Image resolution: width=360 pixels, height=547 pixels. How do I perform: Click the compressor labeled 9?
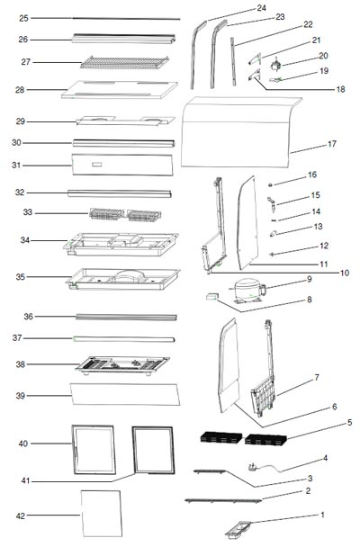pyautogui.click(x=247, y=290)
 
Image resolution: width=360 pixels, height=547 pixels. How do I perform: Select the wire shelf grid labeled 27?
pyautogui.click(x=125, y=62)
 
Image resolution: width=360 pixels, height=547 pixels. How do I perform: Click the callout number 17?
pyautogui.click(x=332, y=144)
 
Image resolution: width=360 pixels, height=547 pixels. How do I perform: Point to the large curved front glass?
pyautogui.click(x=241, y=132)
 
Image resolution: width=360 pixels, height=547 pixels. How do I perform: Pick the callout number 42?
pyautogui.click(x=21, y=516)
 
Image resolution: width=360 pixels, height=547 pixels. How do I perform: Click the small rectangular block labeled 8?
pyautogui.click(x=211, y=296)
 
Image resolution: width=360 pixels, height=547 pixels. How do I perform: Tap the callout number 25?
pyautogui.click(x=23, y=18)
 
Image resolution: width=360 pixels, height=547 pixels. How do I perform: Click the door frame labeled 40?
pyautogui.click(x=94, y=450)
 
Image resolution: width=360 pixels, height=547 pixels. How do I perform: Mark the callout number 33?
pyautogui.click(x=28, y=212)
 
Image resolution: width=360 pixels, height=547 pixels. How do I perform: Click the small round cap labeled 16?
pyautogui.click(x=270, y=184)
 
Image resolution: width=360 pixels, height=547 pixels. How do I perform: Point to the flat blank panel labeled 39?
pyautogui.click(x=125, y=395)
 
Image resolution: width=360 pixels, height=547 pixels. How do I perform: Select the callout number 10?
pyautogui.click(x=345, y=273)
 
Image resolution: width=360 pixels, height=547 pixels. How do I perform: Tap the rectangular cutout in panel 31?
pyautogui.click(x=97, y=165)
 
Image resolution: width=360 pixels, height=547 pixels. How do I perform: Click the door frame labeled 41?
pyautogui.click(x=153, y=451)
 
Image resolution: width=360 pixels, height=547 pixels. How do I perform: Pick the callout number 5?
pyautogui.click(x=349, y=423)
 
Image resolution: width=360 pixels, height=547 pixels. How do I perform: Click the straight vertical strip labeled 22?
pyautogui.click(x=233, y=62)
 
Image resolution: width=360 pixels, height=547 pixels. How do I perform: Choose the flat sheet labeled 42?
pyautogui.click(x=102, y=514)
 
